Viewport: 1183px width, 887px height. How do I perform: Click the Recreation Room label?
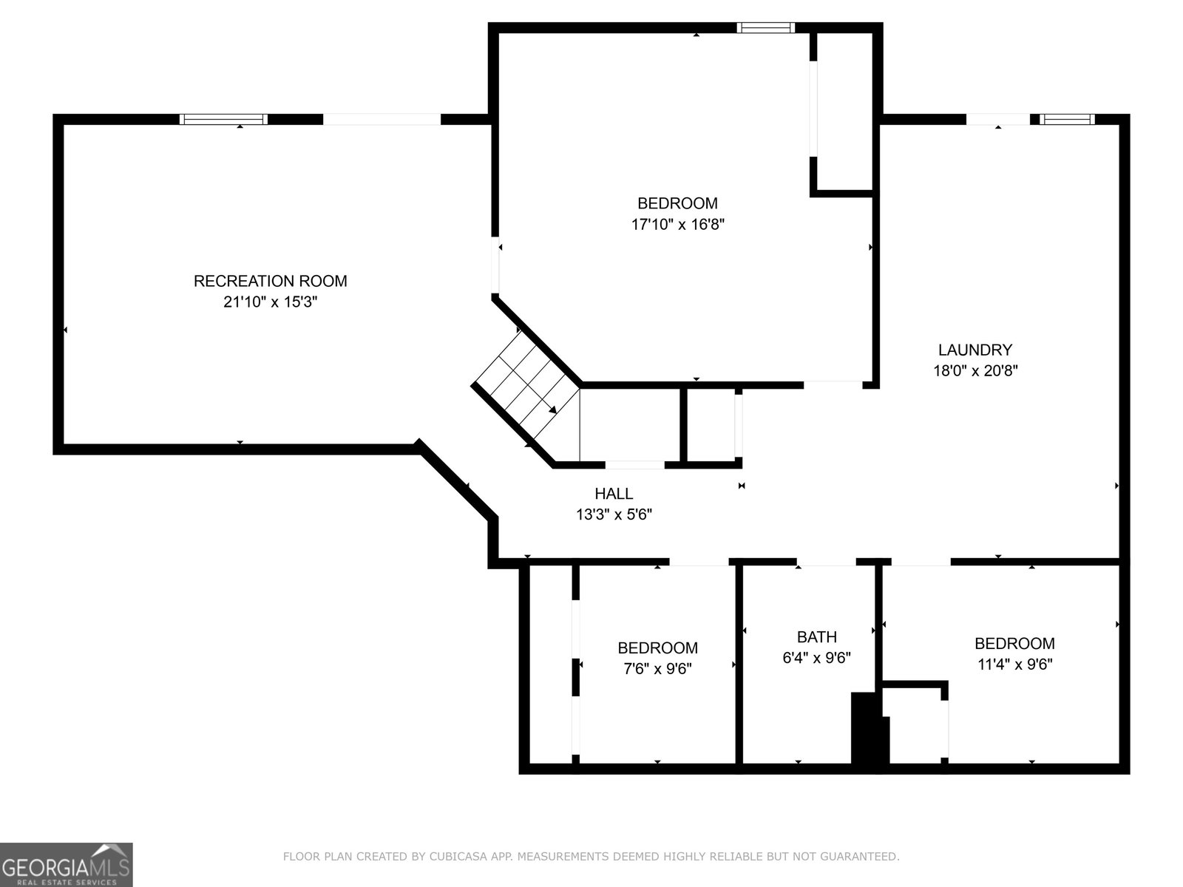[x=270, y=281]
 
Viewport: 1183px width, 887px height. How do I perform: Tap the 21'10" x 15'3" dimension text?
[x=270, y=302]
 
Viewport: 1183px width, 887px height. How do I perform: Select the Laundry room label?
[x=975, y=350]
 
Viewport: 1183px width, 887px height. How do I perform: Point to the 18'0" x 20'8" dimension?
[x=975, y=370]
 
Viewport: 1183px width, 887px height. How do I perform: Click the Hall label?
[x=614, y=493]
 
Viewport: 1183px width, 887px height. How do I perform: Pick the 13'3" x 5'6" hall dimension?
[x=614, y=514]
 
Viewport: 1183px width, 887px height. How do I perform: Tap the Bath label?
[x=817, y=637]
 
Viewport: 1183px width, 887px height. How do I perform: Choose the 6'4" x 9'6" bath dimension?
[x=816, y=658]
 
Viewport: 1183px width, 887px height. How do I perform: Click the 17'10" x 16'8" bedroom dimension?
[x=677, y=224]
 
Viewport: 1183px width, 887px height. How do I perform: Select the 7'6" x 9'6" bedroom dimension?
[x=657, y=668]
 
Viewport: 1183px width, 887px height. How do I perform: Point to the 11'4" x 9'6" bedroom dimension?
[x=1015, y=664]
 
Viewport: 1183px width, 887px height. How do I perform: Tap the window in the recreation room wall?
[x=224, y=119]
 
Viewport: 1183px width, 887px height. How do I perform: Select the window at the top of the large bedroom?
[x=766, y=27]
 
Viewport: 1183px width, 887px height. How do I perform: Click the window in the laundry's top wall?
[x=1067, y=119]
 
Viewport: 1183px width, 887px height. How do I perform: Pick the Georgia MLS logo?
[x=67, y=864]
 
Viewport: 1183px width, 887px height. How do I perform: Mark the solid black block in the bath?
[x=869, y=728]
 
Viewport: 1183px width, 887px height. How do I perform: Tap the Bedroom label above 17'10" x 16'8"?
[x=677, y=203]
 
